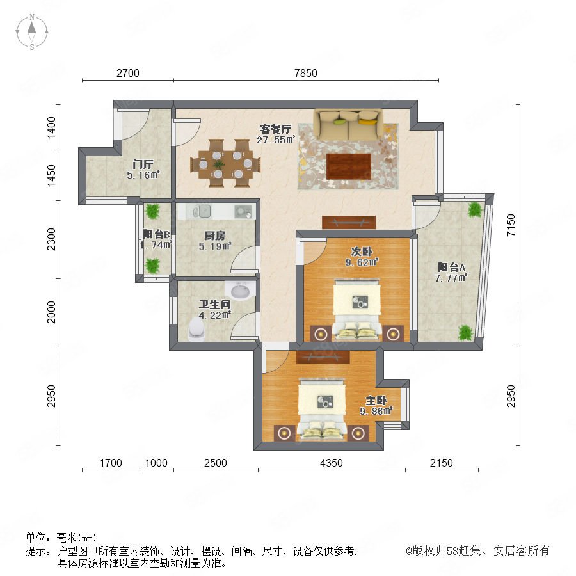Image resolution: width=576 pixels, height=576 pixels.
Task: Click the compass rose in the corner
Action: [32, 32]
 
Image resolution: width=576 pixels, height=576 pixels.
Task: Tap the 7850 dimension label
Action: [306, 73]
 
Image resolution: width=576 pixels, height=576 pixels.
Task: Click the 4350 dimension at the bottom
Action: [332, 463]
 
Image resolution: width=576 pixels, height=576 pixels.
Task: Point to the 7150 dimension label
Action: [511, 225]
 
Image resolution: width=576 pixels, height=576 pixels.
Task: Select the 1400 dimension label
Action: [51, 127]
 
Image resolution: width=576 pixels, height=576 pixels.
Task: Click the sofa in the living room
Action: [348, 125]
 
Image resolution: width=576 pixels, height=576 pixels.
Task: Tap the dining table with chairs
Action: [225, 163]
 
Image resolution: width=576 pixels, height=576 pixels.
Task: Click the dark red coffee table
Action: [348, 166]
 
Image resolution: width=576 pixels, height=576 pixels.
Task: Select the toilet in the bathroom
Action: [196, 329]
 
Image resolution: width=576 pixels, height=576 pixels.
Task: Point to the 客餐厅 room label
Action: [275, 129]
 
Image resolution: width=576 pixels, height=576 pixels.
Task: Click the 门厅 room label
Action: [143, 164]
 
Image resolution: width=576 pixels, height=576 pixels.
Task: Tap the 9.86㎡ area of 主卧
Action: [376, 411]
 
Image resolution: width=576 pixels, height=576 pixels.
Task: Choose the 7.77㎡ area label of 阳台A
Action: [451, 278]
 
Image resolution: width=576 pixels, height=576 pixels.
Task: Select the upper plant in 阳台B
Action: [152, 211]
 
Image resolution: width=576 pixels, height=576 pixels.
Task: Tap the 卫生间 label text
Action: [214, 305]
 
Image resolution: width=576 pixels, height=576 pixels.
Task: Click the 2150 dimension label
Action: [441, 463]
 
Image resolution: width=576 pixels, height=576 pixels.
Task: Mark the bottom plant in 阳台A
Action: [465, 333]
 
